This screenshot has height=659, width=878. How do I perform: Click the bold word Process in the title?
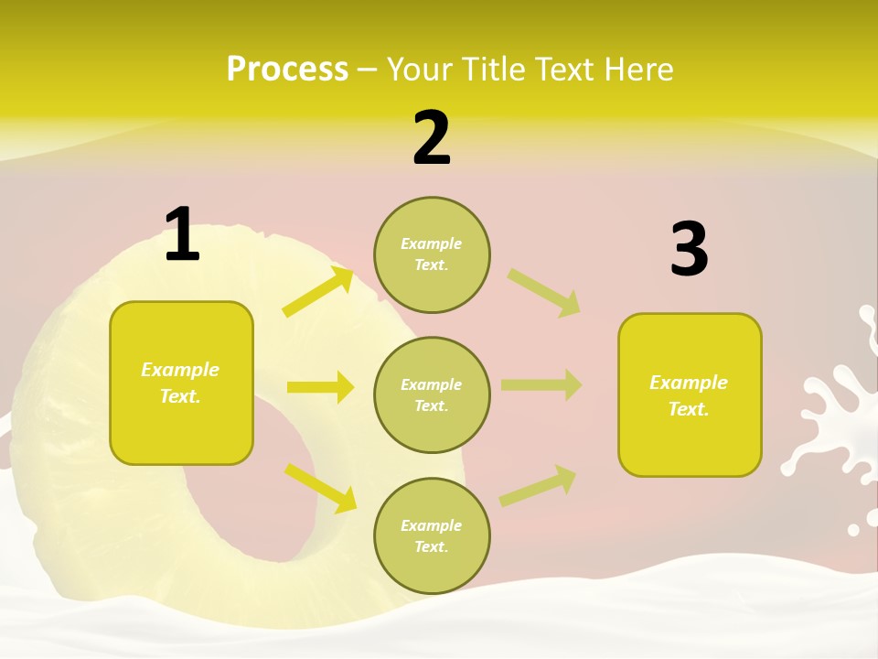tap(287, 69)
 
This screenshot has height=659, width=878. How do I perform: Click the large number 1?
tap(182, 235)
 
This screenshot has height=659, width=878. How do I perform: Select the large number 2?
tap(432, 138)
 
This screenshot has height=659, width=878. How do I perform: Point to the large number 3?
tap(689, 250)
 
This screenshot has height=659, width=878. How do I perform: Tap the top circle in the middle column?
tap(432, 254)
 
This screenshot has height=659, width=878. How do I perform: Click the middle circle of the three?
tap(432, 394)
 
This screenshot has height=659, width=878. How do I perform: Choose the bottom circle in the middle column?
tap(432, 535)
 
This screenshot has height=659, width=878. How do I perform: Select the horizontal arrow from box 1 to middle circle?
tap(320, 387)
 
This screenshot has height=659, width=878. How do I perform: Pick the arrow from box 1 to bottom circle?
tap(320, 488)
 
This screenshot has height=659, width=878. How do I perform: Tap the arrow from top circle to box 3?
tap(543, 292)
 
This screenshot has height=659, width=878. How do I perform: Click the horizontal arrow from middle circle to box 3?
tap(541, 385)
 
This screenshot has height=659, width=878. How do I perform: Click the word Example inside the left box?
tap(180, 370)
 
